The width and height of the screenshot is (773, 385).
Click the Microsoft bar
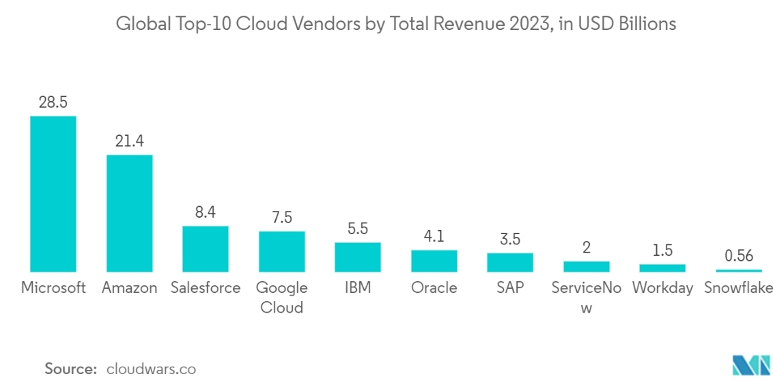[x=53, y=194]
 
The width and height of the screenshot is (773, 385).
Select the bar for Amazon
[x=129, y=214]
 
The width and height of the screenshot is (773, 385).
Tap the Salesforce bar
[x=205, y=249]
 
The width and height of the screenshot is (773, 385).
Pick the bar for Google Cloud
[x=281, y=251]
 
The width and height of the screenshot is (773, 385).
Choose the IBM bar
[x=358, y=257]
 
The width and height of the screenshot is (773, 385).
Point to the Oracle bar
[x=434, y=261]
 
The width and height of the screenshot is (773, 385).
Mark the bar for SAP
[x=510, y=263]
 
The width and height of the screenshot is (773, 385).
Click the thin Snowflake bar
[x=739, y=271]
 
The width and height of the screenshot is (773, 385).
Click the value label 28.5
[x=53, y=102]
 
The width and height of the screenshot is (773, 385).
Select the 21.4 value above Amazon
[x=129, y=141]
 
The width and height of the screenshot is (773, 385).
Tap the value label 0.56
[x=739, y=256]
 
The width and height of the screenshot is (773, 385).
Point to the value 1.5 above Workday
[x=662, y=250]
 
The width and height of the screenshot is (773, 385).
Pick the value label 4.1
[x=434, y=236]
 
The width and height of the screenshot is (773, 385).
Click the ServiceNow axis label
[x=587, y=298]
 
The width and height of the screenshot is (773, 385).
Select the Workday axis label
[x=662, y=288]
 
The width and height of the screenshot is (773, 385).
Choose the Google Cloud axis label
[x=281, y=298]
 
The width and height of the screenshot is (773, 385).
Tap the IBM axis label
[x=358, y=288]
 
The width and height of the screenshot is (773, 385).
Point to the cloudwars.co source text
[x=152, y=369]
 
